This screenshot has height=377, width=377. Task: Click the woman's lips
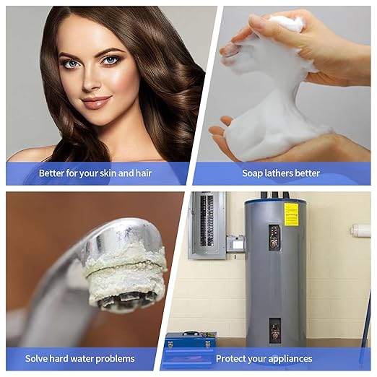pyautogui.click(x=95, y=102)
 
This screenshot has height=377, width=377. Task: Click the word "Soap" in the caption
pyautogui.click(x=253, y=173)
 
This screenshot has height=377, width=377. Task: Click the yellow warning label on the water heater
pyautogui.click(x=291, y=214)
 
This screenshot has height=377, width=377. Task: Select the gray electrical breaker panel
pyautogui.click(x=207, y=225)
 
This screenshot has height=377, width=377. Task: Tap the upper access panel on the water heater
pyautogui.click(x=274, y=237)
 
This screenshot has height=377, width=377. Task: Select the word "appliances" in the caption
pyautogui.click(x=289, y=358)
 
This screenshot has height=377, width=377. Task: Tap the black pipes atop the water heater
pyautogui.click(x=275, y=195)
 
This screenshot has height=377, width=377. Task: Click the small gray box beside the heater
pyautogui.click(x=235, y=243)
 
